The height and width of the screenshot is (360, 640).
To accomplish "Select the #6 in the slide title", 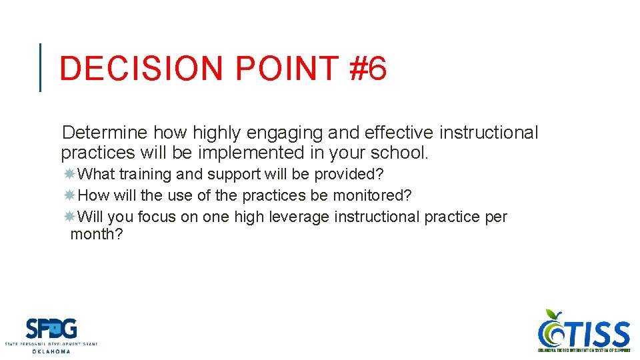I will [x=367, y=69].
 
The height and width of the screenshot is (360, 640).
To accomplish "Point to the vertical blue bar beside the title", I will [x=41, y=67].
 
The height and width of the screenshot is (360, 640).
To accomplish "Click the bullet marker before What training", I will [x=69, y=174].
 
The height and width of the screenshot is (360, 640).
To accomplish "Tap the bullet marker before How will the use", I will [x=69, y=195].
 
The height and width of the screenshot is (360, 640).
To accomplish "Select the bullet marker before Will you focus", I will [x=69, y=217].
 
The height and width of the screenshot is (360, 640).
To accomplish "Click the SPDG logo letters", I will [x=51, y=329].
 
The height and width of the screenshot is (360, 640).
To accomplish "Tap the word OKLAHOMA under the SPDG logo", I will [x=51, y=351].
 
